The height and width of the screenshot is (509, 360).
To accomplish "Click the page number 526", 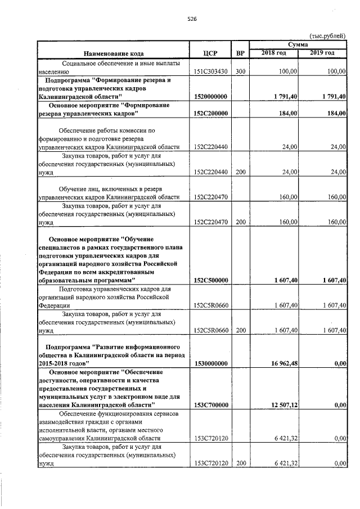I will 191,19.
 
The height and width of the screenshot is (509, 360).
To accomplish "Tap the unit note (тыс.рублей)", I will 327,35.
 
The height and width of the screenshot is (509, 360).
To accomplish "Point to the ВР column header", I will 240,53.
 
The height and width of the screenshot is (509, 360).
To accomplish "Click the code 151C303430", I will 210,72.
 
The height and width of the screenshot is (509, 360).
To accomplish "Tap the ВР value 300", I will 240,72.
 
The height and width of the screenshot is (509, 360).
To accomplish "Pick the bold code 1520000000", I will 210,97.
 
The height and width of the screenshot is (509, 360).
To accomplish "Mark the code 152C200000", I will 210,113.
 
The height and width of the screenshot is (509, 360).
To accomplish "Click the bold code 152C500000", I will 210,280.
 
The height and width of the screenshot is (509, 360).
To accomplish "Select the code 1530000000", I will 210,363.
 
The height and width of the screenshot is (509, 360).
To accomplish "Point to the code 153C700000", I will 210,404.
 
